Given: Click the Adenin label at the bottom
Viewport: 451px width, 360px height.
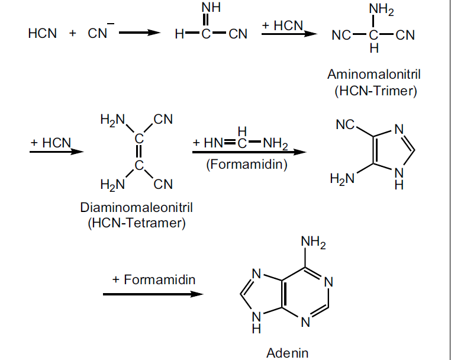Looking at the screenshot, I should [x=287, y=353].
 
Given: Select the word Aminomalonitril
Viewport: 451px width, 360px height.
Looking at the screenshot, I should [x=370, y=75].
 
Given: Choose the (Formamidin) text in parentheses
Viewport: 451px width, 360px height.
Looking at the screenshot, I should [x=247, y=164].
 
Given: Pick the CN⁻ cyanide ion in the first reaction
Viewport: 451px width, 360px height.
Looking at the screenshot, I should [x=98, y=33].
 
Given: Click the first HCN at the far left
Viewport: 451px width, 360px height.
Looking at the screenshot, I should [x=43, y=34].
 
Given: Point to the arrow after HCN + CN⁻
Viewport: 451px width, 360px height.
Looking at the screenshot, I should [x=139, y=33].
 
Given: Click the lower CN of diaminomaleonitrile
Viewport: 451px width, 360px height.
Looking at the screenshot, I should [x=163, y=185].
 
